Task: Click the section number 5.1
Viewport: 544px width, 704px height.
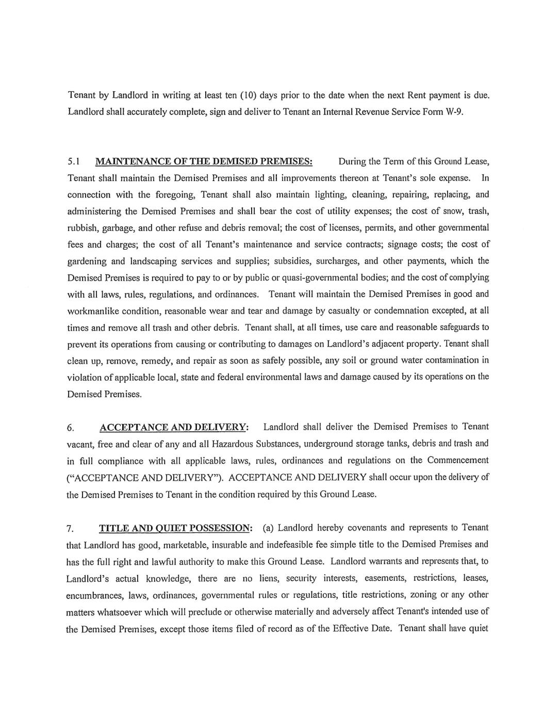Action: [x=73, y=162]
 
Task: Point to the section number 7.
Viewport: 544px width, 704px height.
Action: [x=71, y=529]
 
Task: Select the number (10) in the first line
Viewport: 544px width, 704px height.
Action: [x=246, y=95]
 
